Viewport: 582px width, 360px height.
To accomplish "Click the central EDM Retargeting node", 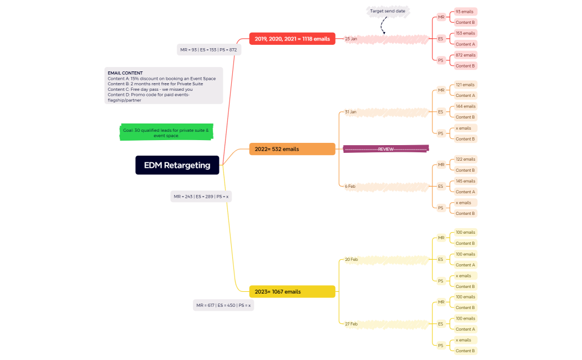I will coord(177,165).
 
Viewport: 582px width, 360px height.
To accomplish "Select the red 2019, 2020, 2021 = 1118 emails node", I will coord(292,39).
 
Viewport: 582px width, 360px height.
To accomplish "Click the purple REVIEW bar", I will coord(386,149).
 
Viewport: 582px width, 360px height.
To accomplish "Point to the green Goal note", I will coord(166,132).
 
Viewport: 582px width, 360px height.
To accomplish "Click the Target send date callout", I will coord(388,11).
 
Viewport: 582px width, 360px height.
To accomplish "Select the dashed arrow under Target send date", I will coord(383,25).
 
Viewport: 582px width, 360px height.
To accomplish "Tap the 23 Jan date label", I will coord(351,39).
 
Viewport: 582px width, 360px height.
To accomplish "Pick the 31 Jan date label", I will coord(351,112).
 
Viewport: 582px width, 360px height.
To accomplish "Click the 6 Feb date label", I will coord(350,186).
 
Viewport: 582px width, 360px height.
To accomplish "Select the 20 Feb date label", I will coord(351,259).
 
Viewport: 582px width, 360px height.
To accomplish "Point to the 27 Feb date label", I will coord(351,323).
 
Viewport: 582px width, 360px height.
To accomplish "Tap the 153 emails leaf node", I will coord(465,33).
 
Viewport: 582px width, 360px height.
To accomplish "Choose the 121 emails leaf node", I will coord(465,85).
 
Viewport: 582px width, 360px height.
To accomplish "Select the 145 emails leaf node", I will coord(465,181).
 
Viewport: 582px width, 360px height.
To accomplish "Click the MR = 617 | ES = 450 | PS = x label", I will coord(223,305).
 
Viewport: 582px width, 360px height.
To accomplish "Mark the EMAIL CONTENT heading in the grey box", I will coord(125,73).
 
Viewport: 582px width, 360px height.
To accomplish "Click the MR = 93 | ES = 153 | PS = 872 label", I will coord(208,50).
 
